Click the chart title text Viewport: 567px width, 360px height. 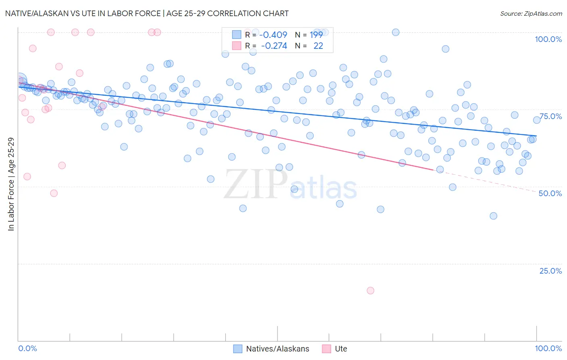click(147, 13)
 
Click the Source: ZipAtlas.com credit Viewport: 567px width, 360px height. click(531, 13)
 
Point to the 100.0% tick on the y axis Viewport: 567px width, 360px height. click(548, 39)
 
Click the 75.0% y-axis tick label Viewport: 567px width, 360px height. click(550, 116)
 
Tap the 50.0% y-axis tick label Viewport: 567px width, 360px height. click(550, 193)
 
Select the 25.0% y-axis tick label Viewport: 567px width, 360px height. click(550, 271)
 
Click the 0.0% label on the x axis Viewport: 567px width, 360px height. click(27, 348)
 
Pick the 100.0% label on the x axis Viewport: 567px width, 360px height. click(548, 348)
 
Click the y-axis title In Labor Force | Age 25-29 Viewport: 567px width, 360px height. click(11, 184)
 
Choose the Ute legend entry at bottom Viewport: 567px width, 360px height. click(341, 349)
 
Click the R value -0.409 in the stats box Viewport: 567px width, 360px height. click(273, 35)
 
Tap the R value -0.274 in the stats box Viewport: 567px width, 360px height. click(274, 46)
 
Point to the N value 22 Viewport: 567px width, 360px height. click(318, 46)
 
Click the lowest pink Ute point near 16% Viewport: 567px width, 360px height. click(370, 291)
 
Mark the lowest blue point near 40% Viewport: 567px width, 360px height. click(493, 216)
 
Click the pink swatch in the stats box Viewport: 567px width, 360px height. click(236, 46)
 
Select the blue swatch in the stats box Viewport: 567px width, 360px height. click(236, 35)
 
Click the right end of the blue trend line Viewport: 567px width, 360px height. click(536, 136)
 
